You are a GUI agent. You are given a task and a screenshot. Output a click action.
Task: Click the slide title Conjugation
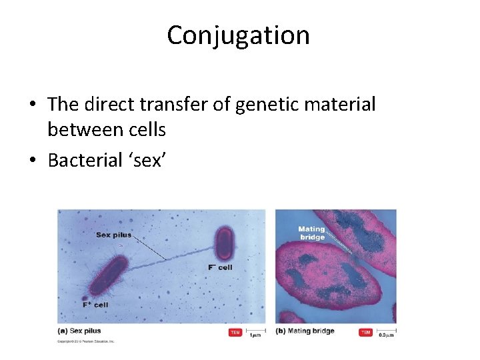click(x=238, y=35)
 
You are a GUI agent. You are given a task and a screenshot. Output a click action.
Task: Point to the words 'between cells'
click(x=107, y=130)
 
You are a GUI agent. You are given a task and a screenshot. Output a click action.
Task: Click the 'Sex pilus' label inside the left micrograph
click(x=113, y=235)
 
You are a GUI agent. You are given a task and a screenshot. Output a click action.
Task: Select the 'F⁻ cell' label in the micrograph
click(x=221, y=267)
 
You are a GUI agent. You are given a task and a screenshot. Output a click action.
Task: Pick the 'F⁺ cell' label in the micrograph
click(x=95, y=305)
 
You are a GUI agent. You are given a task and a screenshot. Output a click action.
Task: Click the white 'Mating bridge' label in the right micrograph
click(x=311, y=233)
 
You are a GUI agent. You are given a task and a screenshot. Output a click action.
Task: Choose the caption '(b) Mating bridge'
click(x=305, y=331)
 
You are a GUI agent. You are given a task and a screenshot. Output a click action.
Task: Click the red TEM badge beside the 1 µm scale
click(x=235, y=332)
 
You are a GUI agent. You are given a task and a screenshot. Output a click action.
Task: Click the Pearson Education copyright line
click(x=87, y=341)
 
